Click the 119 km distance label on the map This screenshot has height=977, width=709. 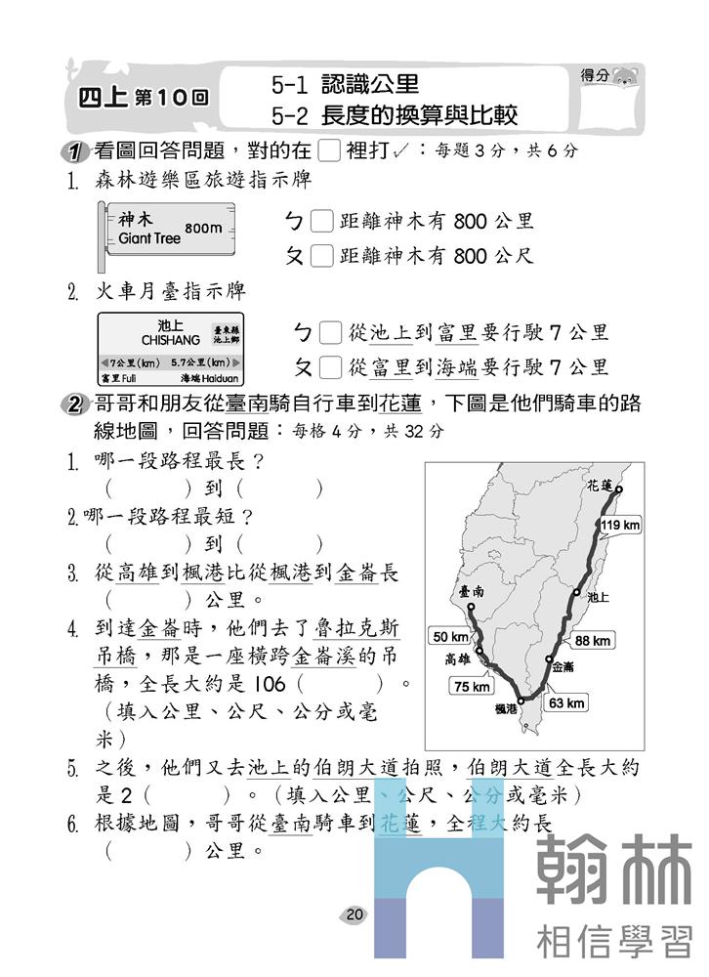click(x=621, y=526)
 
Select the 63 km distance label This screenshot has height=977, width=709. click(x=566, y=702)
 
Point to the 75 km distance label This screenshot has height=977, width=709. click(x=471, y=686)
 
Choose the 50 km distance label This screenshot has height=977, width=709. click(x=450, y=637)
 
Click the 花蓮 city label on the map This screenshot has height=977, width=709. click(x=601, y=486)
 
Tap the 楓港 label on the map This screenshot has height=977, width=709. click(x=506, y=709)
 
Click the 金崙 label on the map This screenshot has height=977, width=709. click(x=563, y=667)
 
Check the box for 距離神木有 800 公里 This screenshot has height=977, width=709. click(x=321, y=222)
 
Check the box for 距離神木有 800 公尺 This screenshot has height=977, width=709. click(x=321, y=257)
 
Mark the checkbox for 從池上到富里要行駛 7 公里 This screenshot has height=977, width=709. click(x=331, y=333)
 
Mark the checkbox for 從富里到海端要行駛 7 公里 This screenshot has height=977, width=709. click(x=331, y=368)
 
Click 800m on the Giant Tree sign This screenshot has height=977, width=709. click(x=203, y=228)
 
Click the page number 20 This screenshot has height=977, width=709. click(x=354, y=914)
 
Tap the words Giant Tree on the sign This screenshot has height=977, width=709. click(x=149, y=237)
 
